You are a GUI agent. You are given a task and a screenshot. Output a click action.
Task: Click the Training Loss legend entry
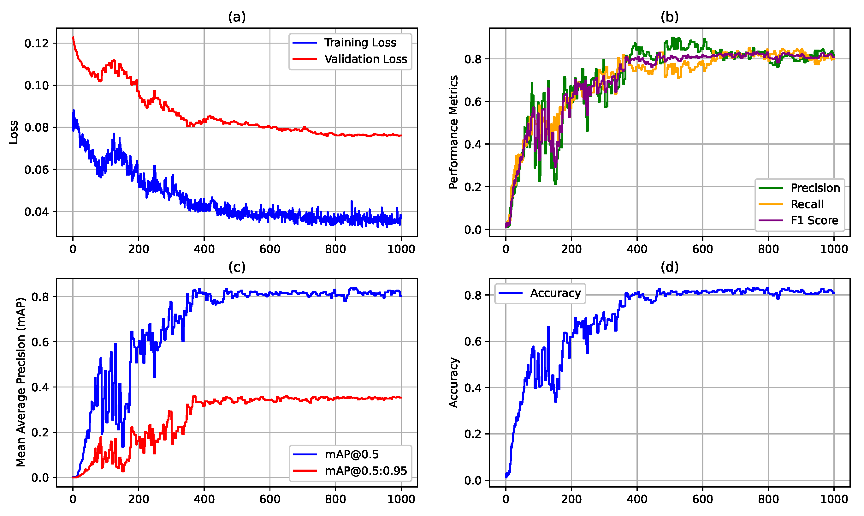pos(360,43)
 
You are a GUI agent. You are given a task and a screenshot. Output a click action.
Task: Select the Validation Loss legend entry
pos(365,59)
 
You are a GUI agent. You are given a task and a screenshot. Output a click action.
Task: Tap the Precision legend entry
pos(815,188)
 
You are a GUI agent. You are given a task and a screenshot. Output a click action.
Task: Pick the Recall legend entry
pos(807,204)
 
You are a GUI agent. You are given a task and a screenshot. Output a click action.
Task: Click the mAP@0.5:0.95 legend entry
pos(365,471)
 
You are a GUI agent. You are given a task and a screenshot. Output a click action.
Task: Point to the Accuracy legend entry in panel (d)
pos(555,293)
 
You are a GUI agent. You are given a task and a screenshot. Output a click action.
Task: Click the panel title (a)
pos(237,17)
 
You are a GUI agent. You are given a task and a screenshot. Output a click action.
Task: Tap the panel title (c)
pos(237,267)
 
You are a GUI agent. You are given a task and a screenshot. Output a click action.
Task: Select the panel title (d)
pos(669,267)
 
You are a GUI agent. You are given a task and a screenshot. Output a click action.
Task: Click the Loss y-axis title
pos(14,132)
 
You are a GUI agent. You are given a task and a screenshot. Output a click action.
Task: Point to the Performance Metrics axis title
pos(453,132)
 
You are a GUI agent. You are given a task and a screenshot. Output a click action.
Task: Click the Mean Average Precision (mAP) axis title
pos(21,382)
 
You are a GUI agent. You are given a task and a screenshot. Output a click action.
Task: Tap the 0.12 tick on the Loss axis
pos(36,44)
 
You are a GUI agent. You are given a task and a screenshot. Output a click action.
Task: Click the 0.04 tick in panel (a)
pos(36,212)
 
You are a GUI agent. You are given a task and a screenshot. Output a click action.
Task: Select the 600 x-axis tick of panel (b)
pos(702,249)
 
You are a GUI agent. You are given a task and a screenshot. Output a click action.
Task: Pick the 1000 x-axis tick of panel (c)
pos(401,499)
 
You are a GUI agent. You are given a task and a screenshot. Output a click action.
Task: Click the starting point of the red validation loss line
pos(73,37)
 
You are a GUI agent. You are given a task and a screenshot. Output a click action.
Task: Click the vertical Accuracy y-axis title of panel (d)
pos(453,382)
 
